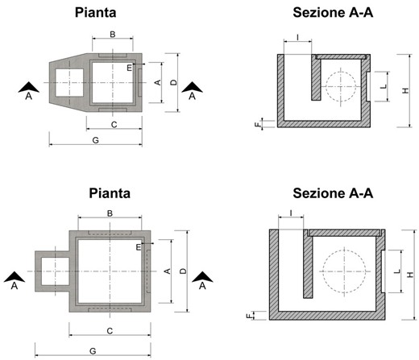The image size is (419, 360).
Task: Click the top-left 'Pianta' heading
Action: [x=95, y=13]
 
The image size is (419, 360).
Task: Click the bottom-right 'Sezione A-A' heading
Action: [x=333, y=193]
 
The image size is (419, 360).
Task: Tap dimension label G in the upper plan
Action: [x=95, y=140]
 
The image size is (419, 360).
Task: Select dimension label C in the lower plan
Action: [x=110, y=331]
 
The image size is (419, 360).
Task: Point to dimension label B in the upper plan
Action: [x=113, y=35]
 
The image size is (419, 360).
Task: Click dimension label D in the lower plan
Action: [x=183, y=271]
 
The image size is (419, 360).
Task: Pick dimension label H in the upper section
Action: [x=405, y=91]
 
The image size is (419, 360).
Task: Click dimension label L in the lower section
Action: [x=397, y=271]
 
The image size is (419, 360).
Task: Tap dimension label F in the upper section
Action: [x=258, y=124]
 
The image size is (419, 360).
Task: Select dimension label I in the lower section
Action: [x=291, y=213]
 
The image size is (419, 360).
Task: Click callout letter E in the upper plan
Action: [x=130, y=68]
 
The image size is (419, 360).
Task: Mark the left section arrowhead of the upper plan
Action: [x=29, y=87]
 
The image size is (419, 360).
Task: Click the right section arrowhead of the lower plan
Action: [x=202, y=277]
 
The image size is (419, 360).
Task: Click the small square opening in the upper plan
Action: [x=69, y=83]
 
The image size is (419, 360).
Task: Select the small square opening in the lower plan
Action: [x=55, y=271]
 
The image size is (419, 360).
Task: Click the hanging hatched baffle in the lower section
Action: [x=308, y=263]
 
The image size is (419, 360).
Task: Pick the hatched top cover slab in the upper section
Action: [x=341, y=57]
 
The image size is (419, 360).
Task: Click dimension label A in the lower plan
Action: [x=168, y=271]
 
